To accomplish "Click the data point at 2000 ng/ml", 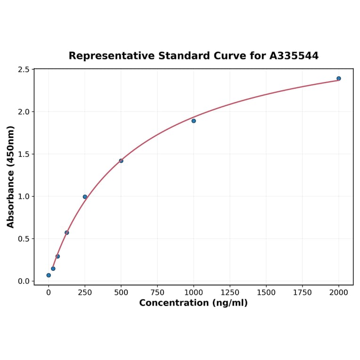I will point(338,78).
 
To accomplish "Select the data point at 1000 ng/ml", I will point(194,121).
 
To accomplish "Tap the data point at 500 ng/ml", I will point(121,161).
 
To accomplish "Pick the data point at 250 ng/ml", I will point(85,197).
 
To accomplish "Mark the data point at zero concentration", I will point(49,275).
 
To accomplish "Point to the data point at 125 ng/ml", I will point(67,232).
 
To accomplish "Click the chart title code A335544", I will point(294,56).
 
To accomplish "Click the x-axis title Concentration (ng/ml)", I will point(193,303).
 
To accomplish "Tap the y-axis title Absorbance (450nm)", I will point(11,177).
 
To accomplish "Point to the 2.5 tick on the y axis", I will point(24,70).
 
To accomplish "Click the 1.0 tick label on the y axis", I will point(24,196).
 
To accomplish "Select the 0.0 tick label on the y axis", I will point(24,281).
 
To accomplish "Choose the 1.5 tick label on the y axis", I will point(24,154).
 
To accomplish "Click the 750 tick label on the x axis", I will point(157,292).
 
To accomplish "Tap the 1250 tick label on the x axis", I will point(230,292).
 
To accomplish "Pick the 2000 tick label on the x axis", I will point(338,292).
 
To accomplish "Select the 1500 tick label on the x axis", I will point(266,292).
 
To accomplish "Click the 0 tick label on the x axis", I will point(49,292).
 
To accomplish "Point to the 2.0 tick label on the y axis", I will point(24,112).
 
